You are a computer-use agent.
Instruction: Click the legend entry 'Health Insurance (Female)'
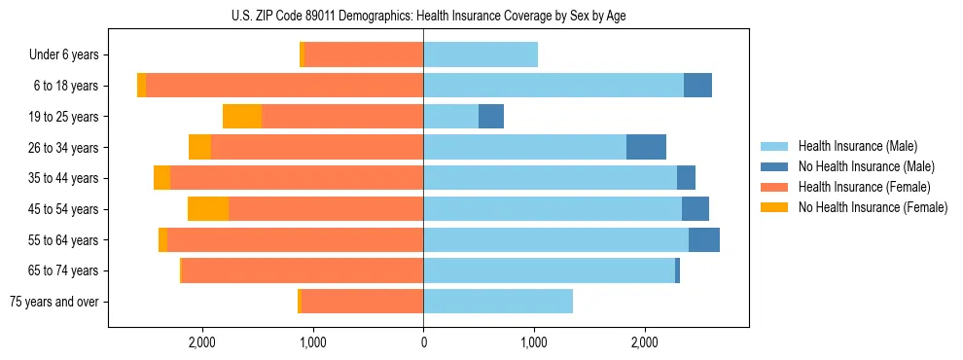[864, 187]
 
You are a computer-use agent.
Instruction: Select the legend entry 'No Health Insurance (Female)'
[873, 207]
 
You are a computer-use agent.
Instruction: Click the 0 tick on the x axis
[423, 342]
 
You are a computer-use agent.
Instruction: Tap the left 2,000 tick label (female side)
[201, 342]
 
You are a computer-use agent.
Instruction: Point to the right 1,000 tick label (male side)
[533, 342]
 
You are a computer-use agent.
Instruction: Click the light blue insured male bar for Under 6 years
[481, 55]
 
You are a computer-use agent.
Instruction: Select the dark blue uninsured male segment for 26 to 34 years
[646, 148]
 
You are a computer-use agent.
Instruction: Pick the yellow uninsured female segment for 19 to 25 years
[242, 117]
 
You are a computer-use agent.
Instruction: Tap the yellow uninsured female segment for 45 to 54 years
[208, 209]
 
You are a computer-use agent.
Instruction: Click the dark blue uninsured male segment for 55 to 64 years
[704, 240]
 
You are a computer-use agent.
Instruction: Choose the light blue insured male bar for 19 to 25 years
[450, 117]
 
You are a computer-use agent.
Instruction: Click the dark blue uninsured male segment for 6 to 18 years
[697, 86]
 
